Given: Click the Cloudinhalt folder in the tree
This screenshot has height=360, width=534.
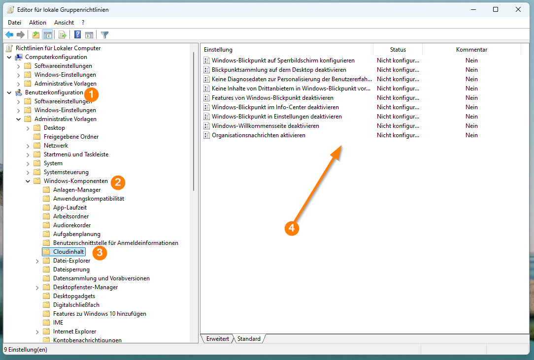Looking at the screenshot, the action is coord(68,252).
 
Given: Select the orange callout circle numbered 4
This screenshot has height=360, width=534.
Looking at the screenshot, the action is coord(292,228).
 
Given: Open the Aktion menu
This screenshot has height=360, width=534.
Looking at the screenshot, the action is coord(37,23).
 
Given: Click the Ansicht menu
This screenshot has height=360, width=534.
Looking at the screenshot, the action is coord(64,23).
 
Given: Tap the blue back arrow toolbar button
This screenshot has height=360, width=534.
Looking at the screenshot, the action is coord(9,35).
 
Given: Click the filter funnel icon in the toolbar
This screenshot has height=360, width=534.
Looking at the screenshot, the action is coord(104,35).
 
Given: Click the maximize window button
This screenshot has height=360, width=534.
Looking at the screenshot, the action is coord(496,9).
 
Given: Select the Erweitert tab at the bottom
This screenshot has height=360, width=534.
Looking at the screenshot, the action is coord(217,338).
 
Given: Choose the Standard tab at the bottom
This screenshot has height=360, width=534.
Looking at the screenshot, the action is coord(249,338).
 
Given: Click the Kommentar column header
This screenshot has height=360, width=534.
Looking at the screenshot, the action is coord(471,50).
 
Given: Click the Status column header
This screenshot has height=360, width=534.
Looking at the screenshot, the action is coord(398,50).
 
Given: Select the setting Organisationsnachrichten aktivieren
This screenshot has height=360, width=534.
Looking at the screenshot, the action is coord(259,135).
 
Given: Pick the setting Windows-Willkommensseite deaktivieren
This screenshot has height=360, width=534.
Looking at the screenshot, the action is coord(266,126).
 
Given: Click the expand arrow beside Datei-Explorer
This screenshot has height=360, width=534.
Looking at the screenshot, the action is coord(37,261).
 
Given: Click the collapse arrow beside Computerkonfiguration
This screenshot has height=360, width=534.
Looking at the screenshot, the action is coord(9,57).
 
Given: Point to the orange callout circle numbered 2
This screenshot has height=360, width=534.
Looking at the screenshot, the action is coord(118,182).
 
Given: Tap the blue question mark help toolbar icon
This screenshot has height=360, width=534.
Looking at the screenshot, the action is coord(78,35).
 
